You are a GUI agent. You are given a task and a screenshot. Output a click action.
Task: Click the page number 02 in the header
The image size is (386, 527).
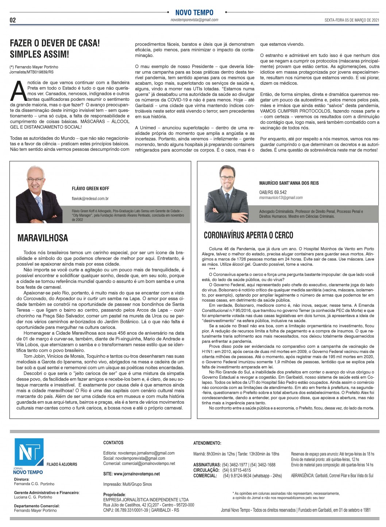(13, 20)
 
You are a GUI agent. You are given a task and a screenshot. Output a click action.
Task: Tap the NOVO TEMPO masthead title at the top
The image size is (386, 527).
(194, 12)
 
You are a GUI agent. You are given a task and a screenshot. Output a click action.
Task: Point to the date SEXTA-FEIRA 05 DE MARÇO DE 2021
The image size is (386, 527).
(352, 20)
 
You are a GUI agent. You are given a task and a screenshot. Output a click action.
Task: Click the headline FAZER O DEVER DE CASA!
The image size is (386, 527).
(55, 43)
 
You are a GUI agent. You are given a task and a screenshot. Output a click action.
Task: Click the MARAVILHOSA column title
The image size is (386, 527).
(43, 238)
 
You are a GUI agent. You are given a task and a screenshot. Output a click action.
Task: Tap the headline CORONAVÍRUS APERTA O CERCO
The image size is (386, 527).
(248, 235)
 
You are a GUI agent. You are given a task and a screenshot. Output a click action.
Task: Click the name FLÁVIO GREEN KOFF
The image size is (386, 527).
(90, 188)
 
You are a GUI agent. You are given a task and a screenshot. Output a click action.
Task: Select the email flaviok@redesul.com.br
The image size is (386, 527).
(90, 199)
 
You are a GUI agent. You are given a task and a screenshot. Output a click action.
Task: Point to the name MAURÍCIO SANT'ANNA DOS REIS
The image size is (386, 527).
(289, 183)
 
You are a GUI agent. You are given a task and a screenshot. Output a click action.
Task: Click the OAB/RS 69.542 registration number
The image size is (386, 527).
(273, 192)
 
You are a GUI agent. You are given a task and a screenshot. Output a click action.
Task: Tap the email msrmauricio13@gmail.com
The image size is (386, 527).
(281, 198)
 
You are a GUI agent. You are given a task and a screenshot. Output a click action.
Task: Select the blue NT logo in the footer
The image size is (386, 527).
(29, 452)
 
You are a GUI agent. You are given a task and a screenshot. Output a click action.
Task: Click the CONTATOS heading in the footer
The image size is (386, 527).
(113, 443)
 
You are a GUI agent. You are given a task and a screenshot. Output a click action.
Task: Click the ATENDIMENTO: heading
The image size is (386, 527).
(207, 443)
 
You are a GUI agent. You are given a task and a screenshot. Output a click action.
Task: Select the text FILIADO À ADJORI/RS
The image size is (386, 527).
(62, 464)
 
